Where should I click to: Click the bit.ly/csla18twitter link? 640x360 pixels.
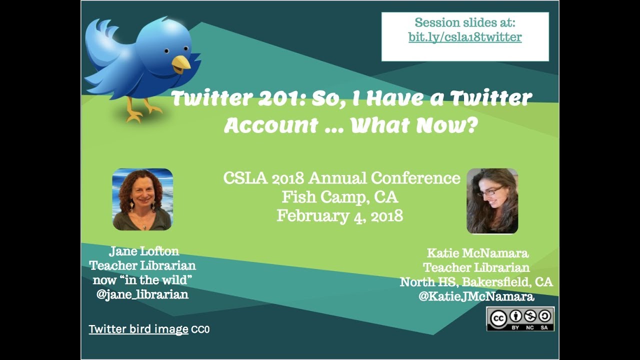(465, 37)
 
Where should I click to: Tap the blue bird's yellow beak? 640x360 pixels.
(180, 62)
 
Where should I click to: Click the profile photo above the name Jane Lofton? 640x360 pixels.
(142, 199)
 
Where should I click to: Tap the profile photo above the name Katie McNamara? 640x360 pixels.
(492, 201)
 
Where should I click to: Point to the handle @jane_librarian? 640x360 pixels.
(142, 294)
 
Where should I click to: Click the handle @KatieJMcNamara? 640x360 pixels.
(476, 296)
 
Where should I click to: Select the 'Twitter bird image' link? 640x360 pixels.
(138, 329)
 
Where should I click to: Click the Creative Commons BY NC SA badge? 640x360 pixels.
(520, 319)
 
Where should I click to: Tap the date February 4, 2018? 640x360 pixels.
(340, 216)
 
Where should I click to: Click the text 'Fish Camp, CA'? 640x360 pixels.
(340, 197)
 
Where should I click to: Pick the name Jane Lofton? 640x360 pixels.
(143, 251)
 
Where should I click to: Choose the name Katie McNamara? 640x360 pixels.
(477, 253)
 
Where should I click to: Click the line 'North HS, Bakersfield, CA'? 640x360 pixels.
(476, 282)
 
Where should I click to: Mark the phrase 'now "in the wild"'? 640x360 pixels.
(142, 280)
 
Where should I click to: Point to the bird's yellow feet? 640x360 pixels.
(142, 110)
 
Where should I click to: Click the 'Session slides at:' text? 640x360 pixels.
(465, 23)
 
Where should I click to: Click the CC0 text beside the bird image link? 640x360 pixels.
(200, 330)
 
